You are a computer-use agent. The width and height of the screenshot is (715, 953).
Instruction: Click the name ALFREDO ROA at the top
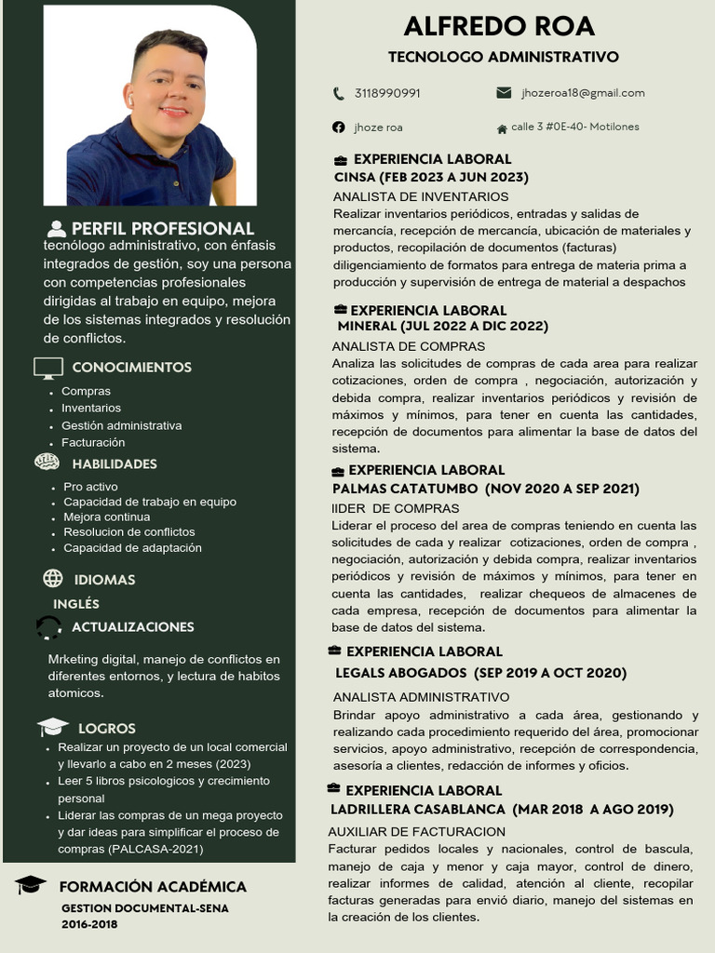499,26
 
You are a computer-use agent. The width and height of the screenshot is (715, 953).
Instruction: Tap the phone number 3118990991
387,93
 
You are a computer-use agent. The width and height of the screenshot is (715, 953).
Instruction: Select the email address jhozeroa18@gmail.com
583,93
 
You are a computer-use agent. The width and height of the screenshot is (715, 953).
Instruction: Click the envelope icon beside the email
505,93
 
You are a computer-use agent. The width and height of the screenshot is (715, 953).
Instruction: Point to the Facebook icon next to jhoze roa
338,127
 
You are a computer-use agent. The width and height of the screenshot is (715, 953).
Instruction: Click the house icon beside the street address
503,128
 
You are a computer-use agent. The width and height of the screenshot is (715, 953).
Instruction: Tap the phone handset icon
338,93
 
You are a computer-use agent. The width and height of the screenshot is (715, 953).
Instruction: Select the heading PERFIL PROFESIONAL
162,228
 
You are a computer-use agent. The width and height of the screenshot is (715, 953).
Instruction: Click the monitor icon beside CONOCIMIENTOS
48,368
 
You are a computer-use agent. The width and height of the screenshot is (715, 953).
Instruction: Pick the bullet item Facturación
93,442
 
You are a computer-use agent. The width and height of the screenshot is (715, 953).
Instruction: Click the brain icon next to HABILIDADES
47,463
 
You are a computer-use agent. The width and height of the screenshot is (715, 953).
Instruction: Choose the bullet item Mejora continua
106,517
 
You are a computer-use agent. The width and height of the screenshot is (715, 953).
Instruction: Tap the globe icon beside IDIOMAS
53,579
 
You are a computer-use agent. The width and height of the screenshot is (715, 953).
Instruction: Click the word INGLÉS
76,604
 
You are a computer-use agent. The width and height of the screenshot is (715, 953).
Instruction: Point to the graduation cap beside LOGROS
53,728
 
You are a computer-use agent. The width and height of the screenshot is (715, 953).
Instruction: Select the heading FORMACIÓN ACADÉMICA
153,887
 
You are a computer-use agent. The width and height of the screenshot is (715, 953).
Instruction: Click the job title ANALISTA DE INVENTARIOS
421,196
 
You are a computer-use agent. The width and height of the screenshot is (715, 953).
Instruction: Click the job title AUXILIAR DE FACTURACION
416,831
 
